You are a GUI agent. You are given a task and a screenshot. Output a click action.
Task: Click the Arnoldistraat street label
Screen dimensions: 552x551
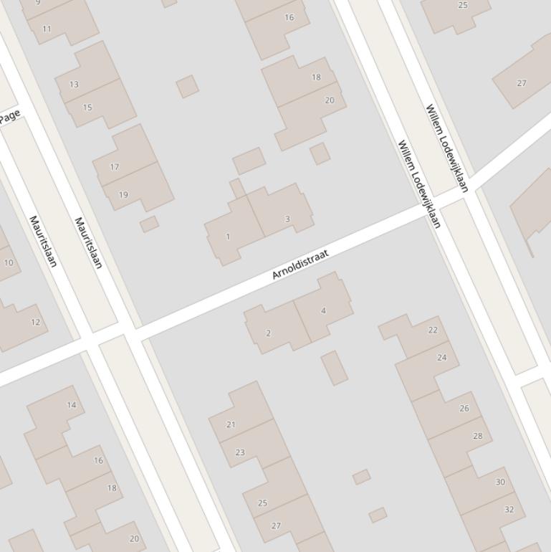[300, 265]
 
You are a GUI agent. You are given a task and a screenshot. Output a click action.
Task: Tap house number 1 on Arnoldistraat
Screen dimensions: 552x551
[228, 237]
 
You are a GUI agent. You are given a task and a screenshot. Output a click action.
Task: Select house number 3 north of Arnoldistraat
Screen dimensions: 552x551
[287, 219]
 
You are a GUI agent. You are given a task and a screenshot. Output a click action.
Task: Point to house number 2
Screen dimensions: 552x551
[269, 333]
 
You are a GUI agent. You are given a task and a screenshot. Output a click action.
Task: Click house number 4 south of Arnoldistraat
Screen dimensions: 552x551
[323, 310]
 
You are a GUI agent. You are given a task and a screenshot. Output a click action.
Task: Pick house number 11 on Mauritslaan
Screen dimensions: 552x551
[47, 29]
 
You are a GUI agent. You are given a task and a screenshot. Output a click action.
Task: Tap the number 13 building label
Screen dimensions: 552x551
[74, 85]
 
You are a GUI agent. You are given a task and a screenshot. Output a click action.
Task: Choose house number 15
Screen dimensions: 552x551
[87, 108]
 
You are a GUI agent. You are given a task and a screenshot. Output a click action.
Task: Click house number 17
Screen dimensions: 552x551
[115, 167]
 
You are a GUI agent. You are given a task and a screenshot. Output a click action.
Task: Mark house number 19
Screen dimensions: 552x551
[123, 194]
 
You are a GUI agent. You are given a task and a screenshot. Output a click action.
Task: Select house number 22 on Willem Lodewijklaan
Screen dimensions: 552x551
[432, 330]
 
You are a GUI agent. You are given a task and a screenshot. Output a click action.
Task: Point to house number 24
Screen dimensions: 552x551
[441, 358]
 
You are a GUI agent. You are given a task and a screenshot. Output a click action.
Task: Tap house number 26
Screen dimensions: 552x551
[464, 409]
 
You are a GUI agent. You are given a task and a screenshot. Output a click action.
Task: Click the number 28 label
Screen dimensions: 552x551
[477, 436]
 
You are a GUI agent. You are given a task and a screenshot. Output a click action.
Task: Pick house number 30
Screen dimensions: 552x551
[500, 482]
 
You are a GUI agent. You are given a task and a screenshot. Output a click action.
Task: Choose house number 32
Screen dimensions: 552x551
[509, 510]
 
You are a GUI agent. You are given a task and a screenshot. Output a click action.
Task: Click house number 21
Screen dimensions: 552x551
[231, 424]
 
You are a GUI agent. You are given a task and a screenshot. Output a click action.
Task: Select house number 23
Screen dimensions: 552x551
[240, 452]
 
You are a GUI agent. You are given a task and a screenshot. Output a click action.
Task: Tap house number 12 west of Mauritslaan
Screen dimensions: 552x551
[36, 323]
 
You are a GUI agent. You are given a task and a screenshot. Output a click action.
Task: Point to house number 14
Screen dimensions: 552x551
[71, 405]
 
